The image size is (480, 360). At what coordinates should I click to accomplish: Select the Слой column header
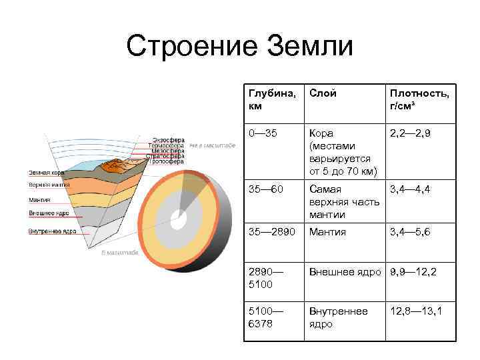[x=323, y=93]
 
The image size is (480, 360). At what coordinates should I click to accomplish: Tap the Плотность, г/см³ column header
[x=419, y=99]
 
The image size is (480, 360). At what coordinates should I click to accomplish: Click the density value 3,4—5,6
[x=411, y=232]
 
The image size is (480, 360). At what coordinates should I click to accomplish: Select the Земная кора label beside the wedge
[x=46, y=173]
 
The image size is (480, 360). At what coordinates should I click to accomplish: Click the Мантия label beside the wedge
[x=39, y=199]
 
